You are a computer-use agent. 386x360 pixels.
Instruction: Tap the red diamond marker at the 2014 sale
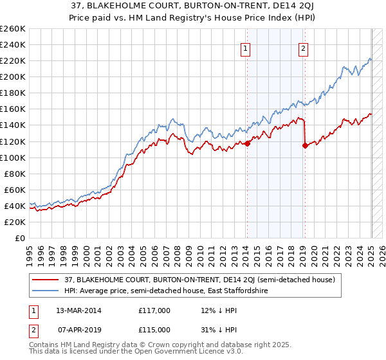tap(247, 143)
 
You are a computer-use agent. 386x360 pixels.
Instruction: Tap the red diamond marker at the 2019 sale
tap(304, 145)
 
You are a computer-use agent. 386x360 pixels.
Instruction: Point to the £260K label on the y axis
tap(13, 29)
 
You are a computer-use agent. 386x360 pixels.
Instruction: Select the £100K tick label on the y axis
tap(13, 157)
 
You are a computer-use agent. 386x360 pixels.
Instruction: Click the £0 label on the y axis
tap(19, 238)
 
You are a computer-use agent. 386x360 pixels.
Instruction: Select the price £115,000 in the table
tap(154, 329)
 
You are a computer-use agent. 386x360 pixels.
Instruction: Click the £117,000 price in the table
tap(154, 310)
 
